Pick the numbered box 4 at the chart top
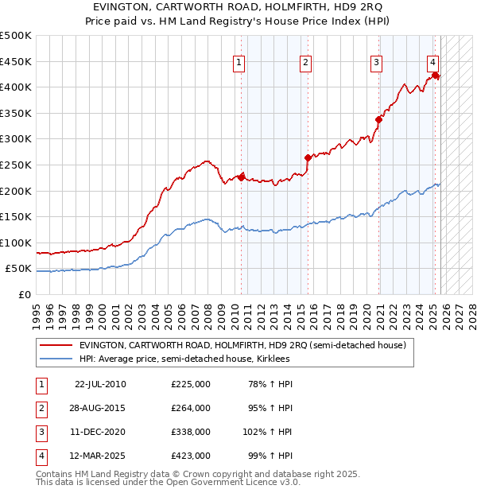pyautogui.click(x=432, y=64)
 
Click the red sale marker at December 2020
pyautogui.click(x=378, y=119)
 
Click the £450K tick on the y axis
pyautogui.click(x=16, y=61)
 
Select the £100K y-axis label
pyautogui.click(x=16, y=243)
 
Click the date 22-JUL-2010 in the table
pyautogui.click(x=100, y=384)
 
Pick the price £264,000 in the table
pyautogui.click(x=191, y=408)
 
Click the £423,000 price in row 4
pyautogui.click(x=191, y=456)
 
